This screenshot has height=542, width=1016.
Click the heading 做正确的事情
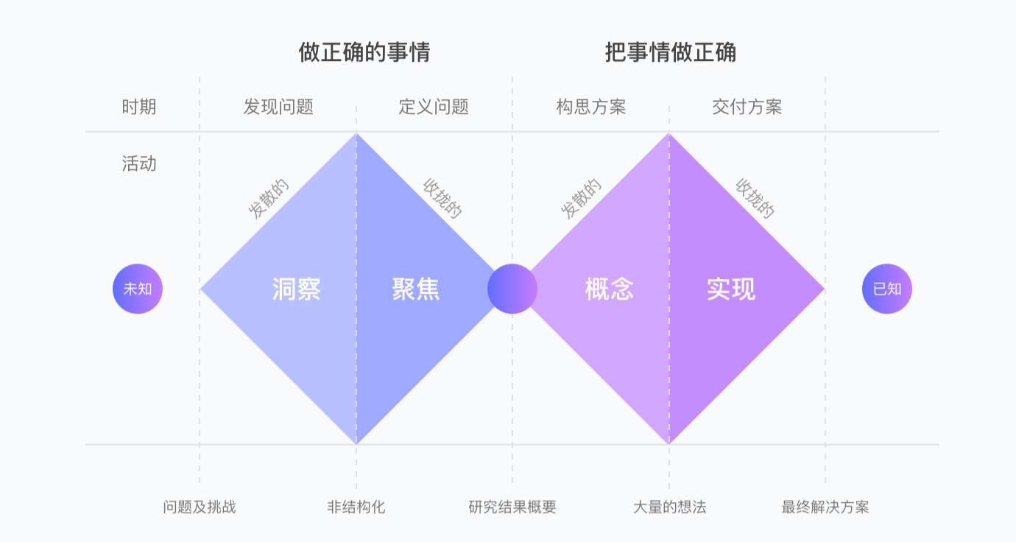(364, 53)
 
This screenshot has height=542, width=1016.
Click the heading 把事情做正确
(670, 53)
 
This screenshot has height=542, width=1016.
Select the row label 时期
(139, 107)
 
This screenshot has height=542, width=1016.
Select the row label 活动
(139, 163)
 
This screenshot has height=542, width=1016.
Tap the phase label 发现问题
(278, 107)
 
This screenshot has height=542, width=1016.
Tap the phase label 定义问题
(434, 107)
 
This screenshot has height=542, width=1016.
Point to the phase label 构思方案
(590, 107)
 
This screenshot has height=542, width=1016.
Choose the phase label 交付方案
(747, 107)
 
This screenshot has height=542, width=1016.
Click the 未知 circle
(138, 289)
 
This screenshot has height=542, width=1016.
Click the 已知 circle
(886, 289)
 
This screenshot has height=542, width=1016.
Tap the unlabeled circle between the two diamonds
(512, 289)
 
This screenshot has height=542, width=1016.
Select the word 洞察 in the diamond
(296, 289)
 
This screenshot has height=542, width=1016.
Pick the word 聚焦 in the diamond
(416, 289)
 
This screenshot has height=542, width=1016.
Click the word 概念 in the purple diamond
(609, 289)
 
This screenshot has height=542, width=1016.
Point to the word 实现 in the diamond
(731, 289)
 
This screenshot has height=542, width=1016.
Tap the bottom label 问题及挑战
(200, 507)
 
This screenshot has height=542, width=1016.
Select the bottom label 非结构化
(356, 507)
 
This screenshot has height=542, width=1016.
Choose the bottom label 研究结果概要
(512, 507)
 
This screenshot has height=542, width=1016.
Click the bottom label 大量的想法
(669, 507)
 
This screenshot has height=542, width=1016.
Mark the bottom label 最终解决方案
(825, 507)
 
